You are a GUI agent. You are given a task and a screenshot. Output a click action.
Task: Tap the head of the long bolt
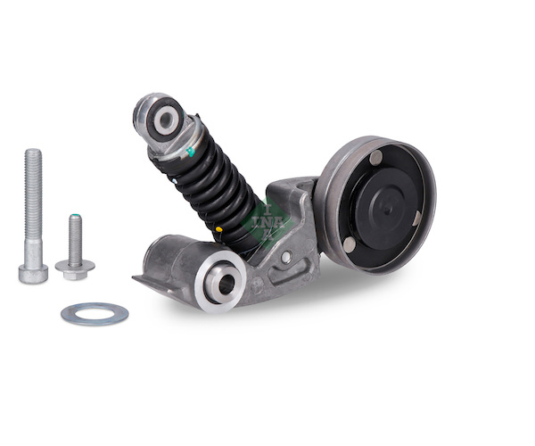pos(33,274)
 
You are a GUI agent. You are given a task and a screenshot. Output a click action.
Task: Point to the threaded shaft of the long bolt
pos(34,194)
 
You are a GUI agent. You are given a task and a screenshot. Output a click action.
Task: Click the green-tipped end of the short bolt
pos(75,216)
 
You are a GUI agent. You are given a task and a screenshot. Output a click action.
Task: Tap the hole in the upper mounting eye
pos(166,120)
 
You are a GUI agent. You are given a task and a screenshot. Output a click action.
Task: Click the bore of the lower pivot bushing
pos(226,282)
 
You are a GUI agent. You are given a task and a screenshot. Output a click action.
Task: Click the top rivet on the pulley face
pos(376,156)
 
